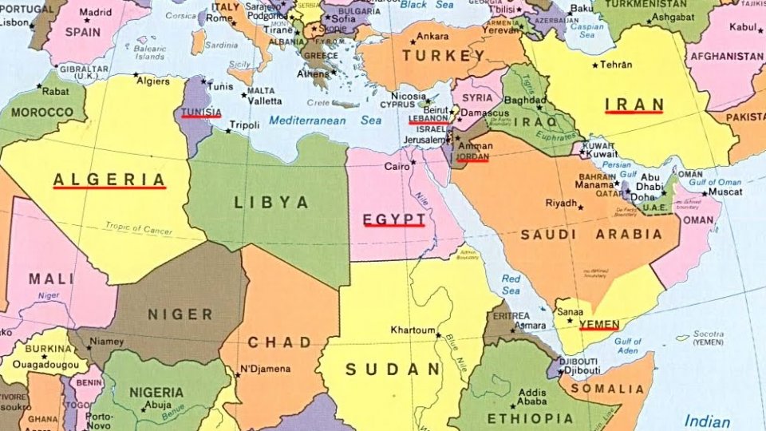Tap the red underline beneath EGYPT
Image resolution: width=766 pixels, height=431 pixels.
click(393, 226)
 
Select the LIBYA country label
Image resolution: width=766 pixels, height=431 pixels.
click(271, 203)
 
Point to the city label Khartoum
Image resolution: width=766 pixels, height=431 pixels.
click(413, 330)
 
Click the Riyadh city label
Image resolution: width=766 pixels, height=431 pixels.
click(560, 203)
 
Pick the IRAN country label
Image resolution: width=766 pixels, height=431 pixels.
click(634, 104)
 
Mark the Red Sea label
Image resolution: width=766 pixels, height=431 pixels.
click(511, 285)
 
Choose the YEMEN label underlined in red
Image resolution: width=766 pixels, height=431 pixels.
click(598, 322)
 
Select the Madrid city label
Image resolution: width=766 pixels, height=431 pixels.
click(96, 13)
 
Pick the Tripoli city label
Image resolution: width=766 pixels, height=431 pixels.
click(244, 125)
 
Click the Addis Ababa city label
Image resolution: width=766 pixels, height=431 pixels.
click(532, 397)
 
